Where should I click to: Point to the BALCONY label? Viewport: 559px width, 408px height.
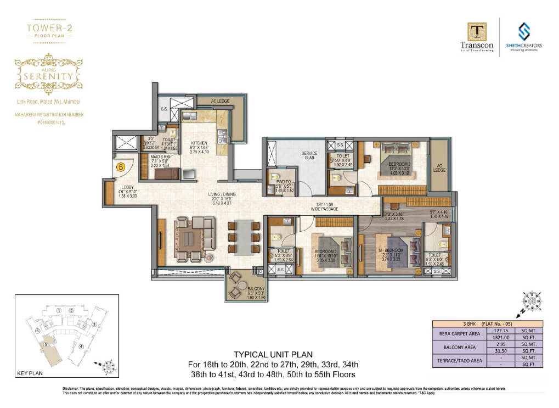(240, 288)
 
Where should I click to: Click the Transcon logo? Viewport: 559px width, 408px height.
(477, 37)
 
